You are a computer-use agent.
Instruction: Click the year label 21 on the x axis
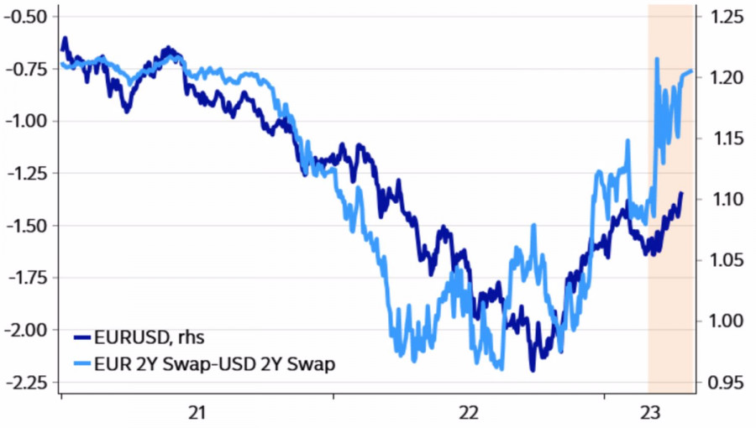197,412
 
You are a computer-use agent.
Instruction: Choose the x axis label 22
468,412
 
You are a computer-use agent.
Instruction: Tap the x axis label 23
650,412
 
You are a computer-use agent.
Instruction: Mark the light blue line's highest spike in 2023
656,58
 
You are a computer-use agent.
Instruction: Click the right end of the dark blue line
680,194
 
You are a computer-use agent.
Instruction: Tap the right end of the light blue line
691,71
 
